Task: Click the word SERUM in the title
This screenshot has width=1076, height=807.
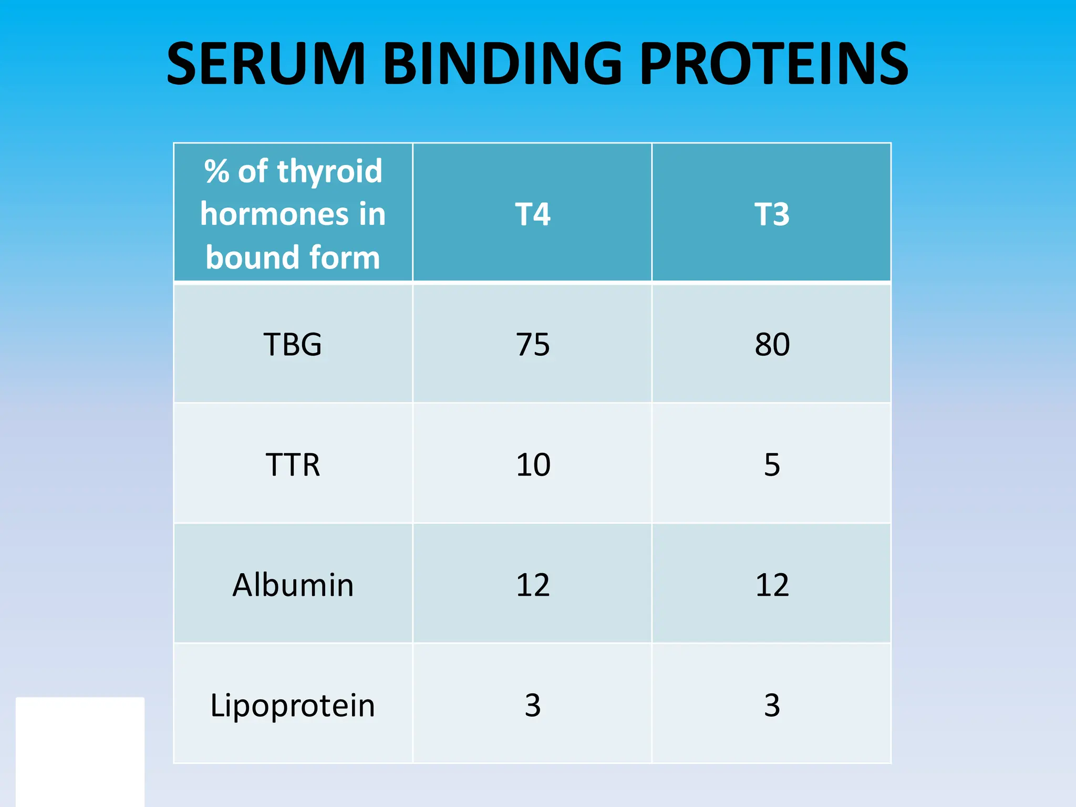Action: [266, 64]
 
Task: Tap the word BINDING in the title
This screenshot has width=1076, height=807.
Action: [502, 64]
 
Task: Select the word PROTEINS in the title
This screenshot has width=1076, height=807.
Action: [774, 64]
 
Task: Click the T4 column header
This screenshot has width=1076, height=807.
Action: [532, 214]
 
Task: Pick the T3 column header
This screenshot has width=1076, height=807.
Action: [772, 214]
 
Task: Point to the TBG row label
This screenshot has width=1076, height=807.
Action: [293, 345]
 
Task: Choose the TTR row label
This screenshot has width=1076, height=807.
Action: [293, 465]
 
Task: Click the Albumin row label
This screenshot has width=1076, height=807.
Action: [293, 585]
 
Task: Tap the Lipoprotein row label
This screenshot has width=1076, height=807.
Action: [293, 705]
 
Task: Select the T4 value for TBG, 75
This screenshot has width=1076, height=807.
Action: [532, 345]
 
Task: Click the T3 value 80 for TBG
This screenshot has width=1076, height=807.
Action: [772, 345]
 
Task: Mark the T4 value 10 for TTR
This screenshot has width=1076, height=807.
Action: [533, 465]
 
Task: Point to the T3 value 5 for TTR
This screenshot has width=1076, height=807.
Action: [772, 465]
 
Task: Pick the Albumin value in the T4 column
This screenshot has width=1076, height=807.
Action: [533, 585]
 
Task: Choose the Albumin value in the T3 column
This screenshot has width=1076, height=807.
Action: [772, 585]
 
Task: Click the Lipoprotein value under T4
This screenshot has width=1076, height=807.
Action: [532, 705]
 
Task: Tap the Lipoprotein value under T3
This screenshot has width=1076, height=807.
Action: [772, 705]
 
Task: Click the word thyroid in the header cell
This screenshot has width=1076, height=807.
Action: [329, 172]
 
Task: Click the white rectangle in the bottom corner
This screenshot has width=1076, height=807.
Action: [80, 751]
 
